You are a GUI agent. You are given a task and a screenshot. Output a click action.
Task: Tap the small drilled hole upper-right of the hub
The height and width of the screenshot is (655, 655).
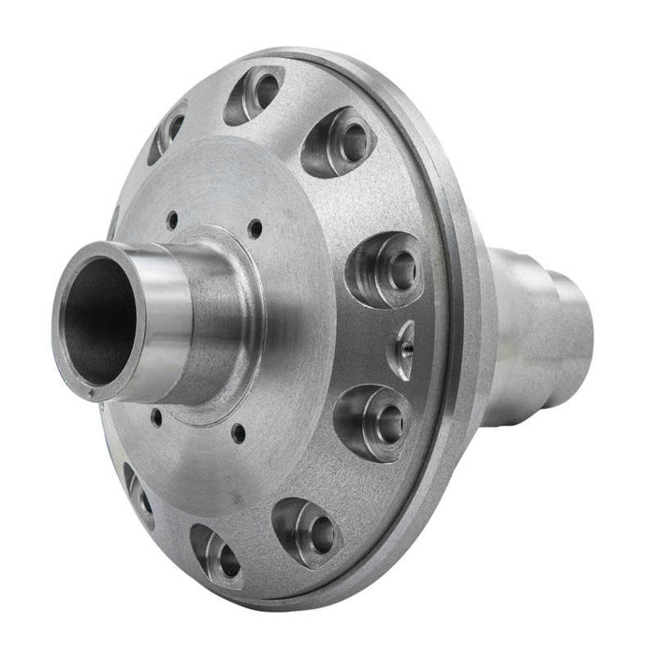pos(254,225)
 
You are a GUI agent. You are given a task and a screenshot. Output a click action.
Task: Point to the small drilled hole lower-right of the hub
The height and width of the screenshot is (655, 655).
pos(240,432)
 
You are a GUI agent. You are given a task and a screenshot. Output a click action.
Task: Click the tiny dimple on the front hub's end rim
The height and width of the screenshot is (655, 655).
pos(91,397)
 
